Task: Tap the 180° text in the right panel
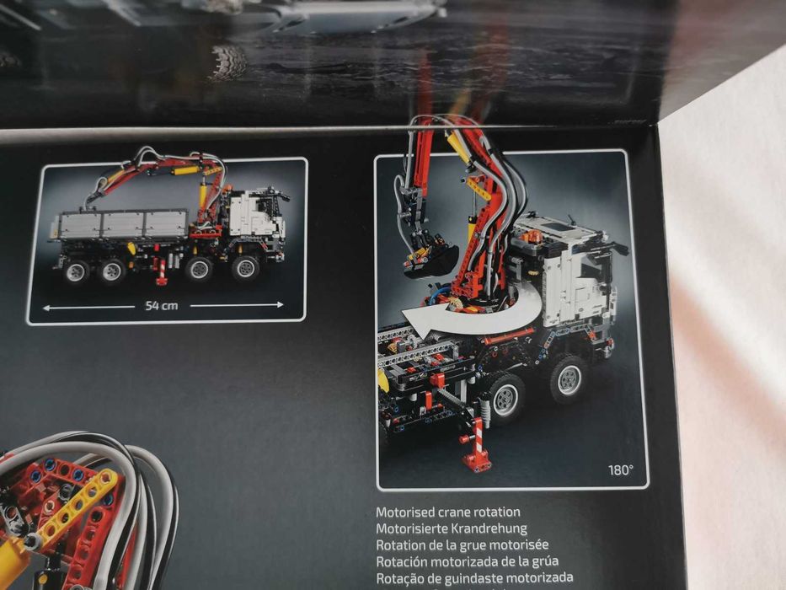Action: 621,470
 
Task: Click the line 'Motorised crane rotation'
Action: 447,512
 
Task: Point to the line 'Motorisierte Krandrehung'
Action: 451,528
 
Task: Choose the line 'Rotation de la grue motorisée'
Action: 462,545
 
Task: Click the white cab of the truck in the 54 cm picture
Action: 257,214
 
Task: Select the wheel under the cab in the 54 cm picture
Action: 245,268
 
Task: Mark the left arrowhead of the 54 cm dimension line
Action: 47,308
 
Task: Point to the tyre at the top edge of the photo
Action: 228,61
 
